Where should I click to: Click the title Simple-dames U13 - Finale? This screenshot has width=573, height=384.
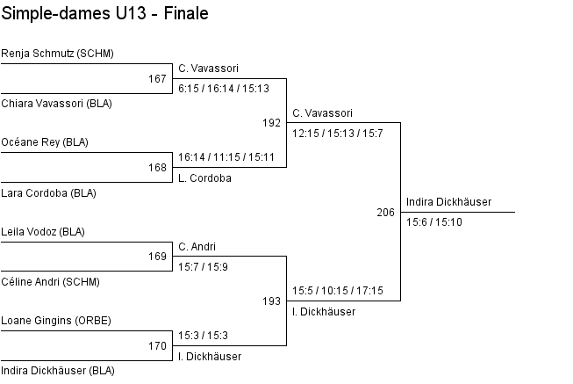tap(104, 15)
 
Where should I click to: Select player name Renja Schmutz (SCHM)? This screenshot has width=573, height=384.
tap(58, 54)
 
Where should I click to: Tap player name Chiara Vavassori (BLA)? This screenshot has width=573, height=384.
tap(56, 104)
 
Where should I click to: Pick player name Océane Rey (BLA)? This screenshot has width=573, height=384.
tap(45, 142)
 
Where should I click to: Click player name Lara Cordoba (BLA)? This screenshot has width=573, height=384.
tap(48, 192)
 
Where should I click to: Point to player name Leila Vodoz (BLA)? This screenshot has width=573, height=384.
tap(43, 232)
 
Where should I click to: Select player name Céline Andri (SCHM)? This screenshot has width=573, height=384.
tap(50, 282)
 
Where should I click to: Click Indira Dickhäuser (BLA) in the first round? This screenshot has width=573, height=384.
tap(58, 371)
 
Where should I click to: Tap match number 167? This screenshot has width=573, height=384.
tap(157, 79)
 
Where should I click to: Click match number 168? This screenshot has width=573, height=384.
tap(157, 168)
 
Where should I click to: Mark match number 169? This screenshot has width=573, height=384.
tap(157, 257)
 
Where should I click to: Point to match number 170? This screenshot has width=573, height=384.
tap(157, 346)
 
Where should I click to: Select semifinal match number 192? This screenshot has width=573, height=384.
tap(271, 123)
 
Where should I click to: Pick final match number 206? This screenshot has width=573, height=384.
tap(385, 213)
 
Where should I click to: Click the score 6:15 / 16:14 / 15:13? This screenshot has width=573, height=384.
tap(223, 88)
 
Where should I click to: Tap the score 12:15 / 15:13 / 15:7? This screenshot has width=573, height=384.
tap(337, 133)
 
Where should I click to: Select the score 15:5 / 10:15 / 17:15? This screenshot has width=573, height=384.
tap(337, 291)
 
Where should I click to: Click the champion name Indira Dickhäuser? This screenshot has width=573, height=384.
tap(448, 202)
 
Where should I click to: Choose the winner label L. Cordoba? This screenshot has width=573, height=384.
tap(204, 178)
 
